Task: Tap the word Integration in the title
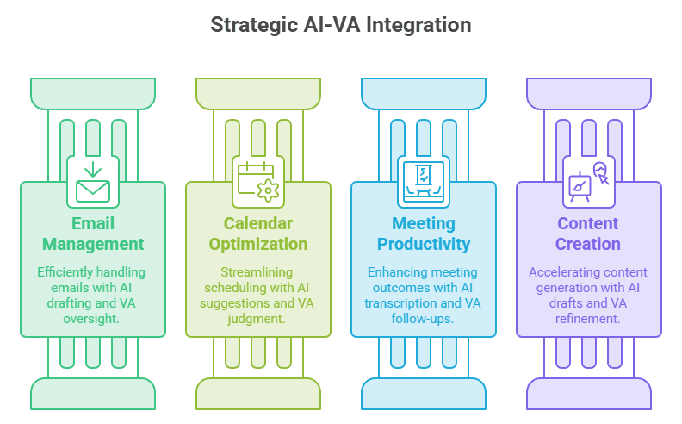(x=418, y=25)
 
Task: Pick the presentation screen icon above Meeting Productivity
(x=424, y=182)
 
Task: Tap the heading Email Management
(x=93, y=234)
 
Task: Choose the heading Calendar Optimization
(x=258, y=234)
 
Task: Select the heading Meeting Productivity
(x=424, y=234)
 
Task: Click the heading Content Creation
(x=588, y=234)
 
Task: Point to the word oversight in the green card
(x=91, y=319)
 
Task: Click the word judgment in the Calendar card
(x=257, y=319)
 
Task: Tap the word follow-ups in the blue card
(x=422, y=319)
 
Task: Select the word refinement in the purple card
(x=587, y=319)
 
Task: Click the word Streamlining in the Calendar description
(x=257, y=272)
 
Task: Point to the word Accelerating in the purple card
(x=560, y=272)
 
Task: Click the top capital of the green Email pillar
(x=93, y=94)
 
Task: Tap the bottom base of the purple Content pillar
(x=589, y=394)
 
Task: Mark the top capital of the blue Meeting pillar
(x=424, y=94)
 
